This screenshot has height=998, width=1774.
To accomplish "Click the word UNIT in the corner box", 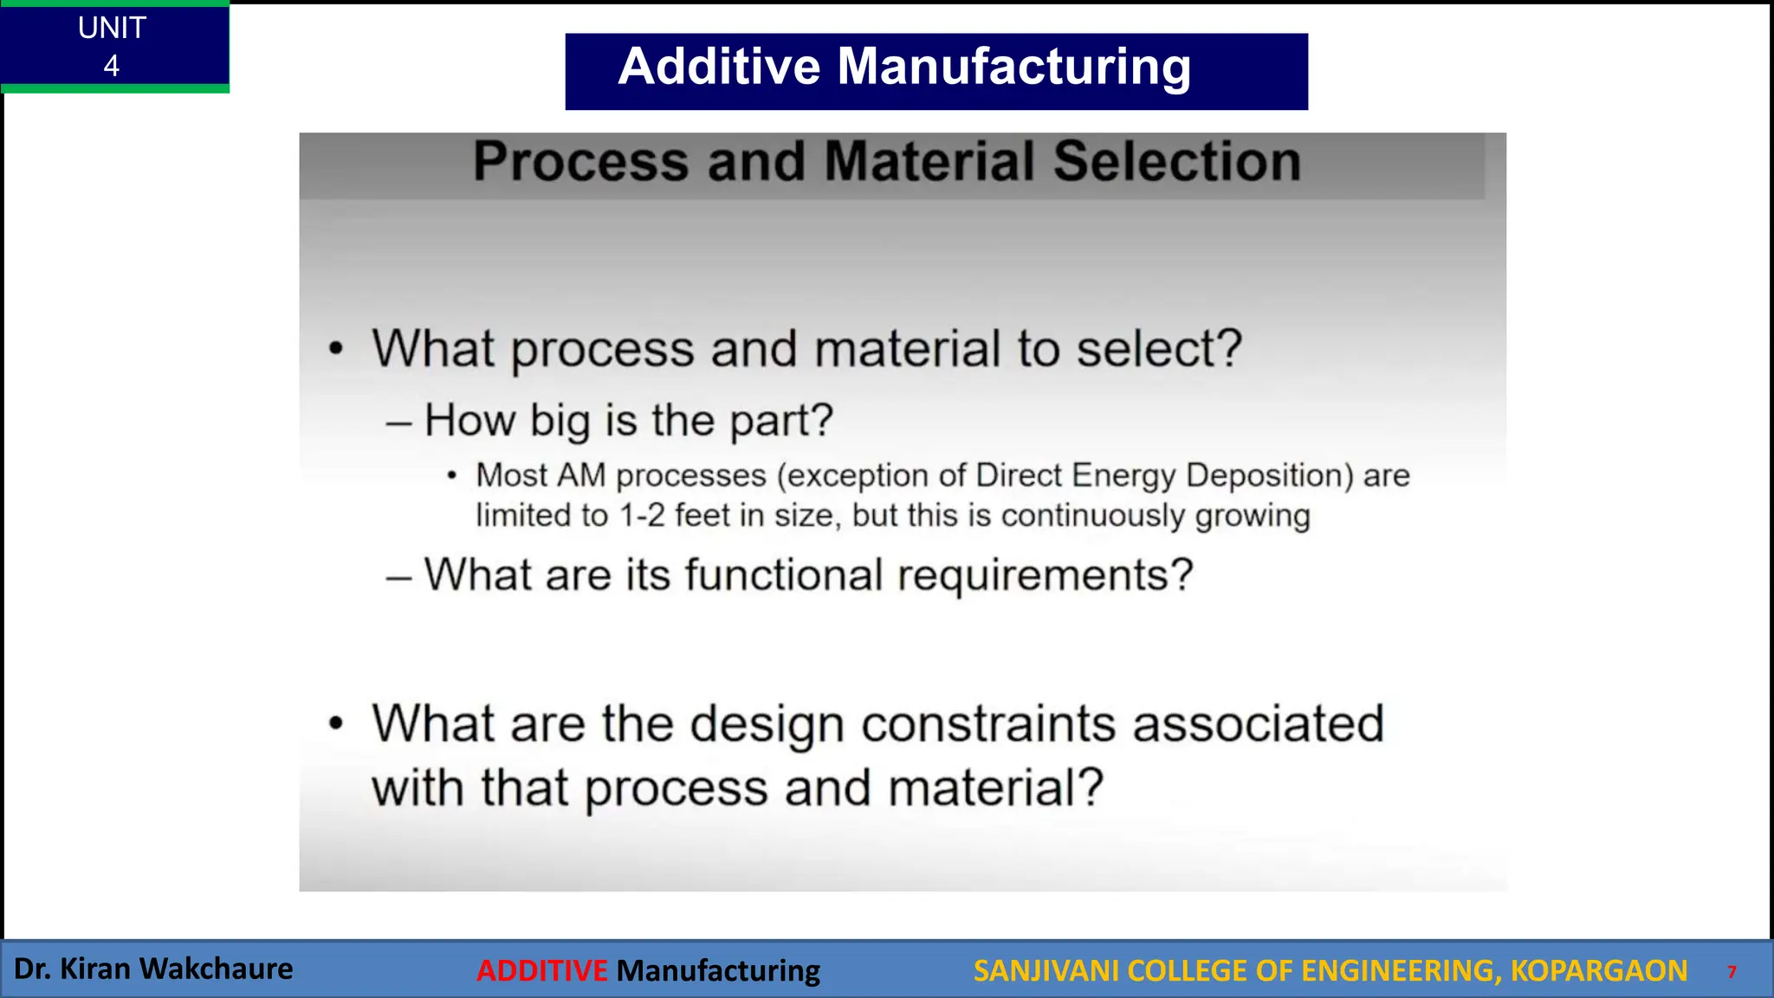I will click(x=112, y=28).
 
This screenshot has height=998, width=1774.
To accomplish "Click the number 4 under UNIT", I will click(x=111, y=66).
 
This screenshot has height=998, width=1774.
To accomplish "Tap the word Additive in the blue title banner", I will click(x=719, y=67).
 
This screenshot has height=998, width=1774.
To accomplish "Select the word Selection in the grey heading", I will click(x=1176, y=161).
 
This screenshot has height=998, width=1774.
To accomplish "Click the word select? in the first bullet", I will click(x=1159, y=348).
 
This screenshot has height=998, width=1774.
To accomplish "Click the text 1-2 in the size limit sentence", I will click(x=642, y=515).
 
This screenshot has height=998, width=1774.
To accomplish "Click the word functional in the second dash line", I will click(x=783, y=574).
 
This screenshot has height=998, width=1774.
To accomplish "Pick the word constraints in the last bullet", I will click(x=988, y=723).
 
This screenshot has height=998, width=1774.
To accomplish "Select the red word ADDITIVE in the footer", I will click(x=542, y=970).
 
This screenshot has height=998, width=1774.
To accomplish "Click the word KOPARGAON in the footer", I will click(x=1598, y=970).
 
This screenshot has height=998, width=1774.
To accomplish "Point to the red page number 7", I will click(x=1732, y=972).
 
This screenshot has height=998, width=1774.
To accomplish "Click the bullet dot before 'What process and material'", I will click(x=336, y=349).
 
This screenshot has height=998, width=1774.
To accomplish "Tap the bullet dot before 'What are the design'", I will click(x=336, y=723).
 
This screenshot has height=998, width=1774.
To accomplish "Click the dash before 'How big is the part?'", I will click(x=398, y=424).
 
